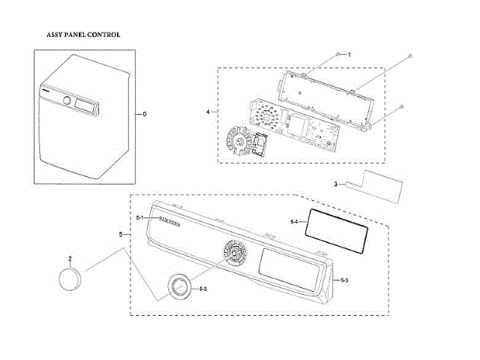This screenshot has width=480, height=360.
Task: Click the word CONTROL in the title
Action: pos(105,34)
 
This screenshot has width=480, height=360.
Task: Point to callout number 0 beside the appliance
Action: pos(145,114)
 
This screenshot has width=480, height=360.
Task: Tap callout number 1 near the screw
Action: pos(349,55)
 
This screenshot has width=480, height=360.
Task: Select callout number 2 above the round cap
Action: pos(70,259)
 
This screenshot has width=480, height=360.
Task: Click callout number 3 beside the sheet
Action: pos(337,184)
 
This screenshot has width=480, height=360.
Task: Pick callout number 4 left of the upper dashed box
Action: pos(207,112)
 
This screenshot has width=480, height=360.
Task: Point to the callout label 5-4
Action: pos(294,221)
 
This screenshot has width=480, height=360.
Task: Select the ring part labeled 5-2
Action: pos(179,286)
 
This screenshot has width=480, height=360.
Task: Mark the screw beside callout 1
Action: pos(339,55)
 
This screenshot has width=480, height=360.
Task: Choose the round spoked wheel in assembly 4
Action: pos(239,140)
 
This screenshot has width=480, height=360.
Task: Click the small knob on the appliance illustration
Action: pos(67,100)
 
